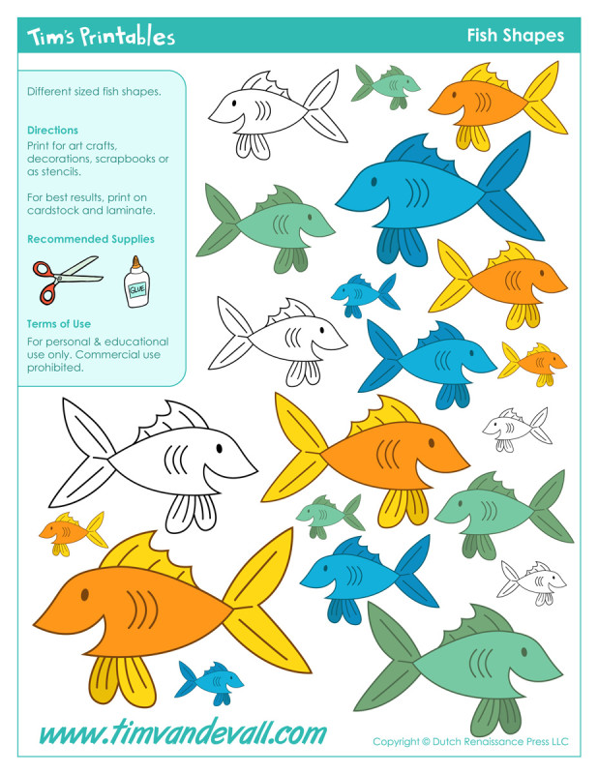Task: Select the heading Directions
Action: click(x=52, y=130)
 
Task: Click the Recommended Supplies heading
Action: click(x=90, y=239)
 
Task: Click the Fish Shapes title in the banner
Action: click(x=515, y=36)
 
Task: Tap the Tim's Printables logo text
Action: click(x=101, y=37)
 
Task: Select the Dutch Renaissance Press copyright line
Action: click(x=470, y=742)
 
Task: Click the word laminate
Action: click(x=131, y=210)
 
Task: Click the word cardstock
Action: click(x=56, y=210)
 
